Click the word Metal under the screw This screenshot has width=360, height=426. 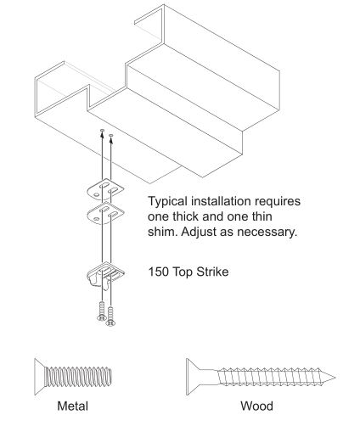(72, 406)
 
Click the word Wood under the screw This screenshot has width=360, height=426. (256, 406)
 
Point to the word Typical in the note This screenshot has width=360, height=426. (168, 202)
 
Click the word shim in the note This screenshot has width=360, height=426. (162, 232)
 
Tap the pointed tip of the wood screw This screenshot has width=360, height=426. (335, 377)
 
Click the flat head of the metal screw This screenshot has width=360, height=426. (39, 377)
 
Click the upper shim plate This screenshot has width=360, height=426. (105, 190)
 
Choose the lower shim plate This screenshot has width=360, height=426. (105, 214)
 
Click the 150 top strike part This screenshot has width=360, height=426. (105, 275)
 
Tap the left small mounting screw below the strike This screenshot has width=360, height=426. (102, 311)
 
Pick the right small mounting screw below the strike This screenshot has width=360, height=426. (110, 317)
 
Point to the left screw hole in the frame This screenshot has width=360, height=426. (102, 130)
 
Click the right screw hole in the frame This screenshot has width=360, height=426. (110, 136)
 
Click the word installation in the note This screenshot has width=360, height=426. (221, 201)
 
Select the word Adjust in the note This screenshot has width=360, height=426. (199, 233)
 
